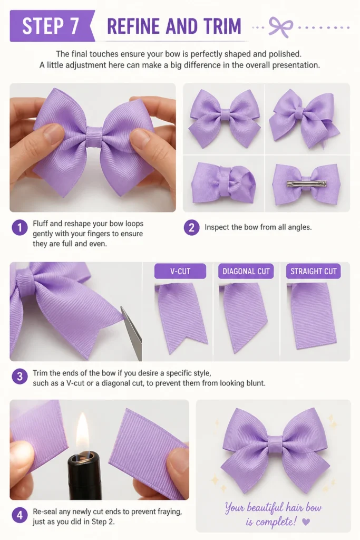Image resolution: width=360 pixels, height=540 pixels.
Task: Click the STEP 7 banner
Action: point(52,26)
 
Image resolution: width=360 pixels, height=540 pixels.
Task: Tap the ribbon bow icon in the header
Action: point(280,26)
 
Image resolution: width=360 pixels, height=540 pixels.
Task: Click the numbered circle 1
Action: point(20,228)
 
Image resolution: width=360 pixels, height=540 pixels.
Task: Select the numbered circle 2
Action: point(191,228)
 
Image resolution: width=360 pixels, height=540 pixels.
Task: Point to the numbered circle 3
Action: point(20,377)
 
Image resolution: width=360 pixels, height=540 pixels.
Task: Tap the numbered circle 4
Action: point(20,516)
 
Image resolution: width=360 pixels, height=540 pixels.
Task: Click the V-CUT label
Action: point(180,271)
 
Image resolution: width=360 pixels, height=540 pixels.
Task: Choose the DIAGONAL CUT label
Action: point(246,271)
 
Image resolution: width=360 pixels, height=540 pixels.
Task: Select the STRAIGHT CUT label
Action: point(313,271)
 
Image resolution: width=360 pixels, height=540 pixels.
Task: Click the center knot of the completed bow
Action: point(275,443)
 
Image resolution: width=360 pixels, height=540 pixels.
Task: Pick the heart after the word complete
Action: point(305,522)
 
